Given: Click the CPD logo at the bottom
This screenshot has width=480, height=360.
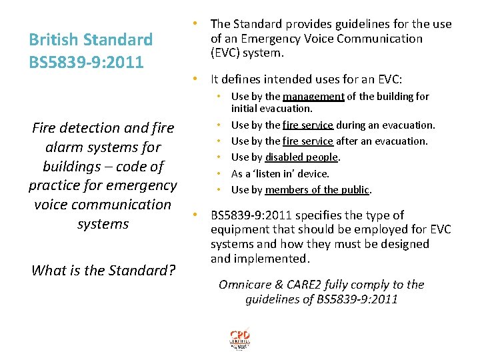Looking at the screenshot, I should [x=240, y=338].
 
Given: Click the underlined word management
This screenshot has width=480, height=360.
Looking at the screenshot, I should [x=313, y=97].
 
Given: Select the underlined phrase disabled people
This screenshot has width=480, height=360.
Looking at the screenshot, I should [x=302, y=157].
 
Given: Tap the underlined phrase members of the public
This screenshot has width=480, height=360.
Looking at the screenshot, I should [x=317, y=190].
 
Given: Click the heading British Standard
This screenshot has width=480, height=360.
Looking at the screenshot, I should [x=91, y=40].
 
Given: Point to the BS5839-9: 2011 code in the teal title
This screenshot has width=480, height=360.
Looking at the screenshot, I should [x=86, y=63].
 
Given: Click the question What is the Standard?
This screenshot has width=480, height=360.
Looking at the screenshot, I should [x=103, y=271].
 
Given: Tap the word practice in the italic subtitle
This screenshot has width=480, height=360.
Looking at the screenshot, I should [x=59, y=185].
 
